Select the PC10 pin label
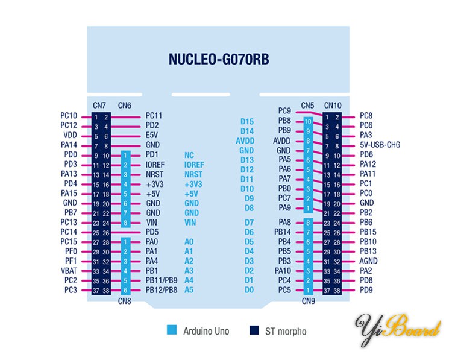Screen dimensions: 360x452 (x=69, y=116)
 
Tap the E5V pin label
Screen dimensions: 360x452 (x=152, y=135)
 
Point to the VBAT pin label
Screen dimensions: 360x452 (x=68, y=270)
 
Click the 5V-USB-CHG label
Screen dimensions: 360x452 (x=380, y=145)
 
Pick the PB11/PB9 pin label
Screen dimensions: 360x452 (x=161, y=280)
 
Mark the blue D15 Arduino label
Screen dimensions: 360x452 (x=246, y=122)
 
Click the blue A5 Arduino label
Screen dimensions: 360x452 (x=189, y=289)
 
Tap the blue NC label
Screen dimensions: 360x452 (x=189, y=154)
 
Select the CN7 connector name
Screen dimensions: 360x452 (x=100, y=106)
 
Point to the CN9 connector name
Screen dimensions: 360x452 (x=308, y=300)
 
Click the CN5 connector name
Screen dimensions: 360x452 (x=307, y=106)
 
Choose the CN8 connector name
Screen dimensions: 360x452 (x=125, y=300)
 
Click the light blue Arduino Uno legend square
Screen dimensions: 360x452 (x=171, y=330)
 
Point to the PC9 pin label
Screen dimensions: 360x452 (x=284, y=111)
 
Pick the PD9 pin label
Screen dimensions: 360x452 (x=366, y=289)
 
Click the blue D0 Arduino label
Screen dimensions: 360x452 (x=248, y=289)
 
